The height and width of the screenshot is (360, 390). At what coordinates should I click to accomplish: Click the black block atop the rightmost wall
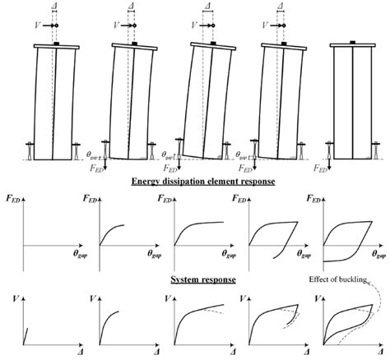pyautogui.click(x=352, y=41)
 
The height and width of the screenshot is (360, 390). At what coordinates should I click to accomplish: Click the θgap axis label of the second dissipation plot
pyautogui.click(x=143, y=254)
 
